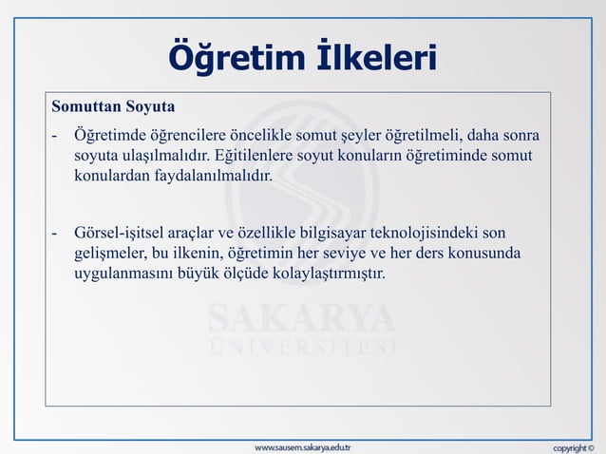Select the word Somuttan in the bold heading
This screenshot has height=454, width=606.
[x=86, y=103]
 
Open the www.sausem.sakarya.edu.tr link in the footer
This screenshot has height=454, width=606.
[x=302, y=445]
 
